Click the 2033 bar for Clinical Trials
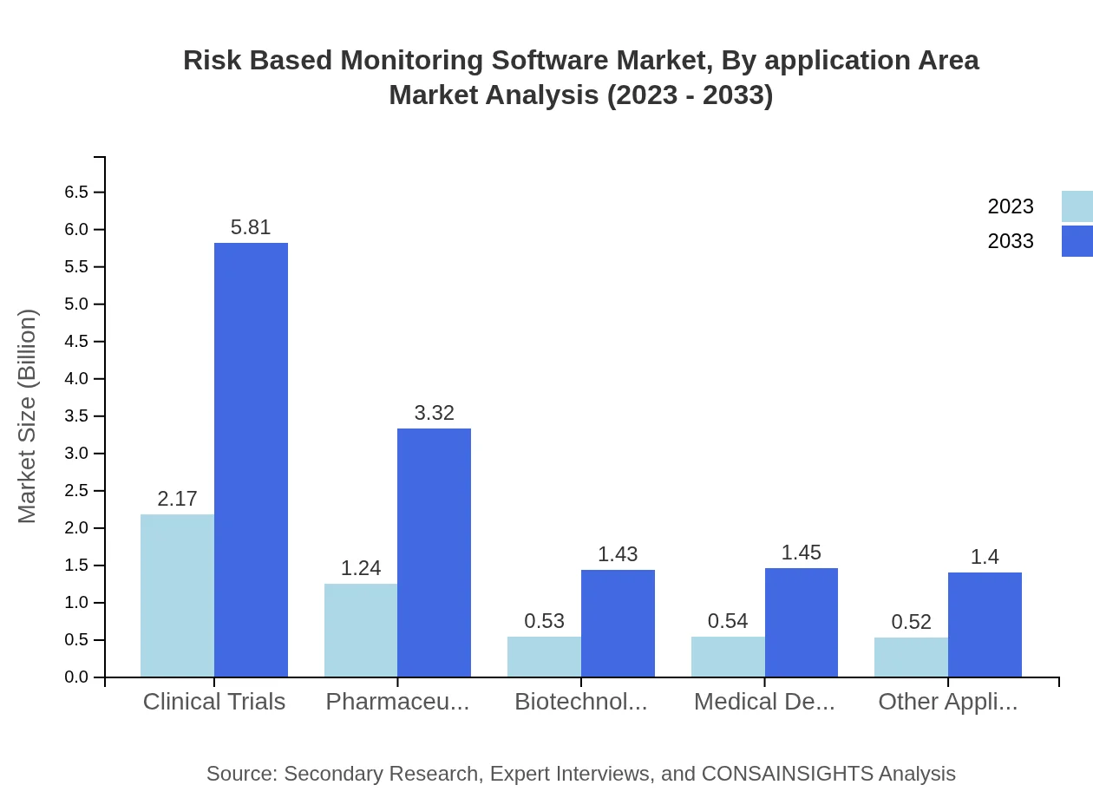(x=251, y=460)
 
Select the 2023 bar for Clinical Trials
(x=177, y=596)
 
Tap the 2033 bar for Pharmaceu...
(x=434, y=553)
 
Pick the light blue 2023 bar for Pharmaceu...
(x=361, y=631)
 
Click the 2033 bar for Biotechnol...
(x=618, y=623)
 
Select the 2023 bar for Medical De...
(x=728, y=657)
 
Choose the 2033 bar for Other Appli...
(x=985, y=625)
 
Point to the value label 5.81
(x=251, y=228)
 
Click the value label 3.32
(x=434, y=414)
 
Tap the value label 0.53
(x=544, y=622)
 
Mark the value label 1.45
(x=801, y=553)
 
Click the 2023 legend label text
(x=1011, y=207)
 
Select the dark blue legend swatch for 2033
(x=1077, y=241)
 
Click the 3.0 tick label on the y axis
(x=76, y=454)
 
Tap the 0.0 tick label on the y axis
(x=76, y=677)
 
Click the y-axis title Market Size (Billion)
(x=28, y=416)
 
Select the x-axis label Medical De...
(x=764, y=702)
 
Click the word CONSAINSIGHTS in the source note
(x=787, y=774)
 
